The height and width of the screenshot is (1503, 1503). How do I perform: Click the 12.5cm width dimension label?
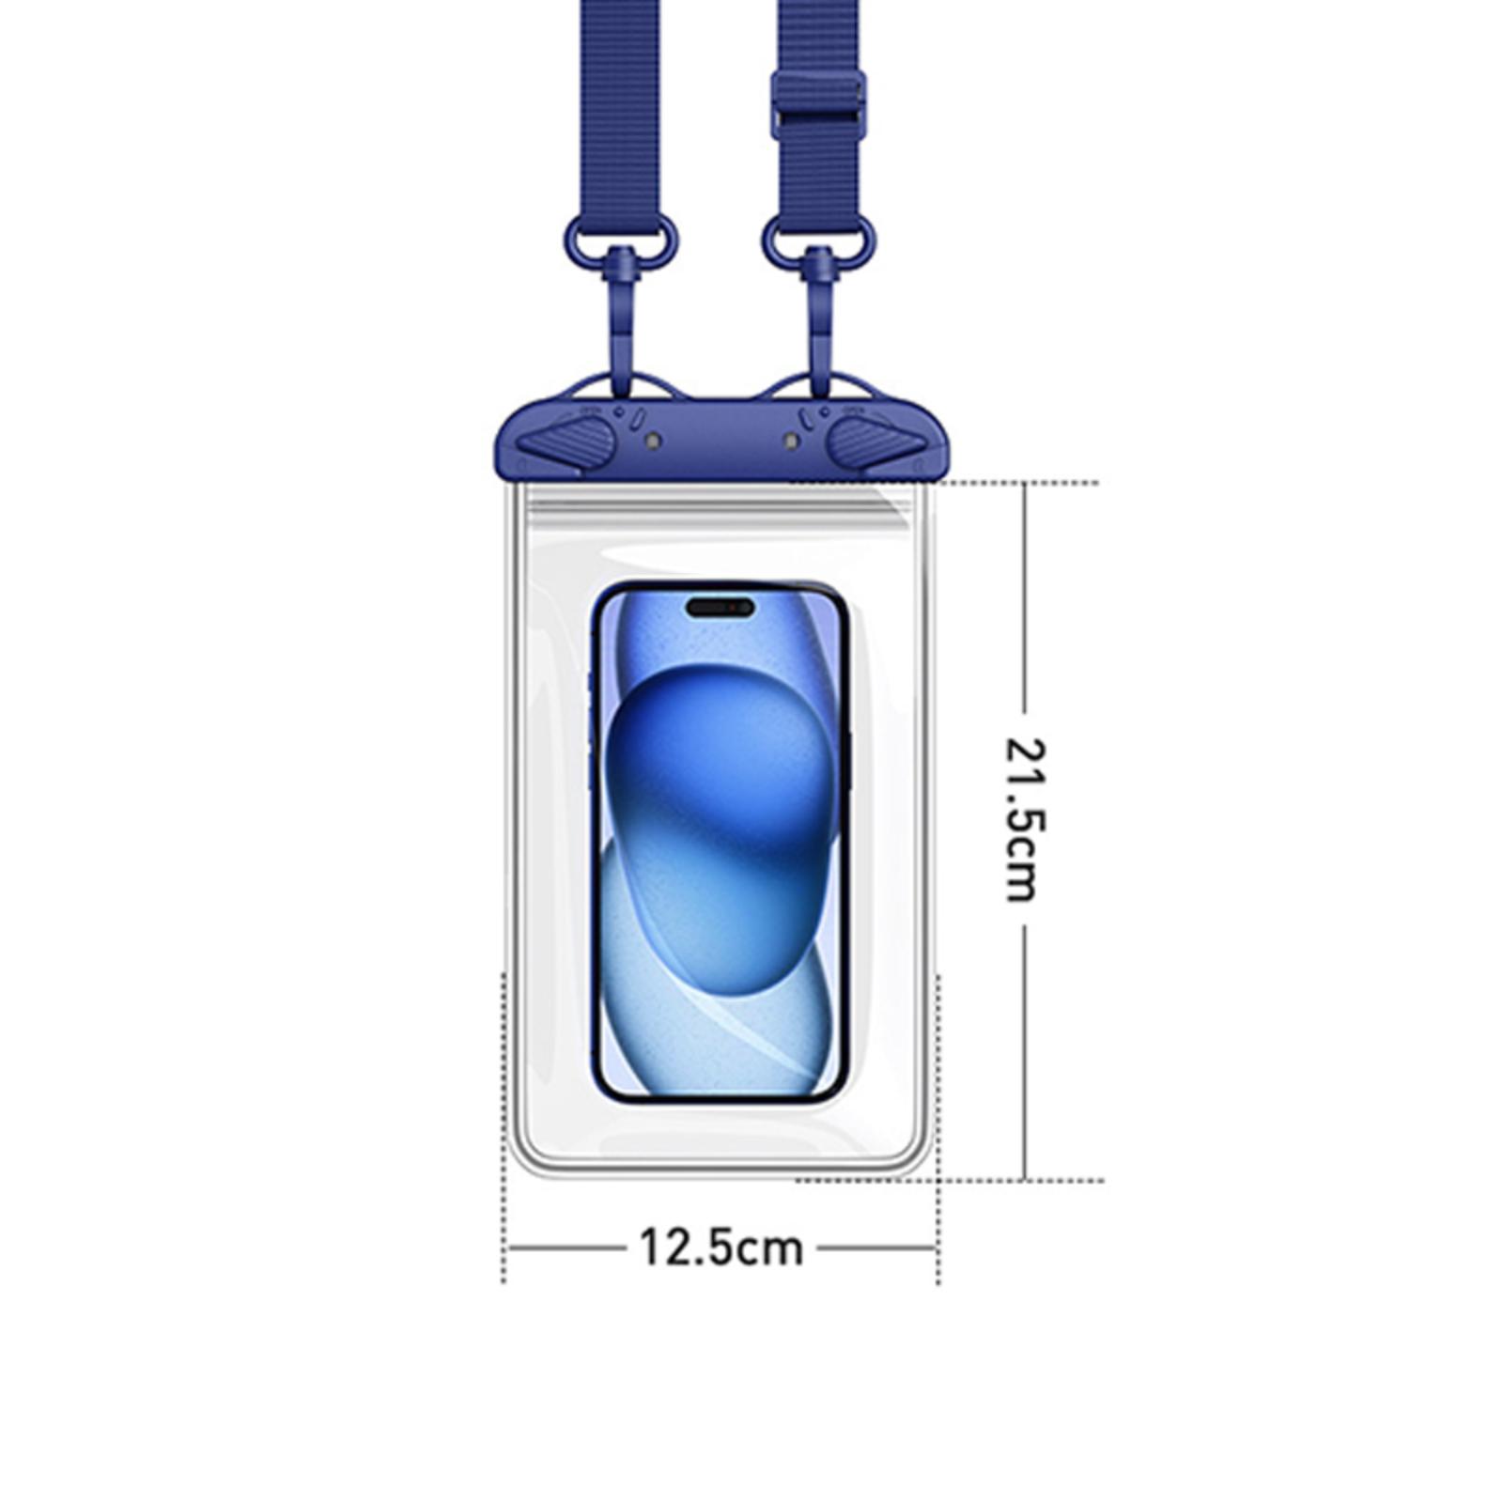[721, 1248]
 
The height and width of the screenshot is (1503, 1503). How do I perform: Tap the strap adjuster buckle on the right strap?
[817, 104]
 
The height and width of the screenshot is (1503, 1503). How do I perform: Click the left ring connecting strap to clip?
[620, 240]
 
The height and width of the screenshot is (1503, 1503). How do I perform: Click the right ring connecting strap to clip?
[818, 240]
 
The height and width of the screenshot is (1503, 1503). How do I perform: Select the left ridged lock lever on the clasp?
[566, 442]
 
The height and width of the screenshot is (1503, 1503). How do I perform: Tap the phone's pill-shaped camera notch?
[720, 608]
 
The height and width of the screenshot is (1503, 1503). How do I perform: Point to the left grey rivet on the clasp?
[654, 441]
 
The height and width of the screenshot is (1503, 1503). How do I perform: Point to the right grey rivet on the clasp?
[790, 441]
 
